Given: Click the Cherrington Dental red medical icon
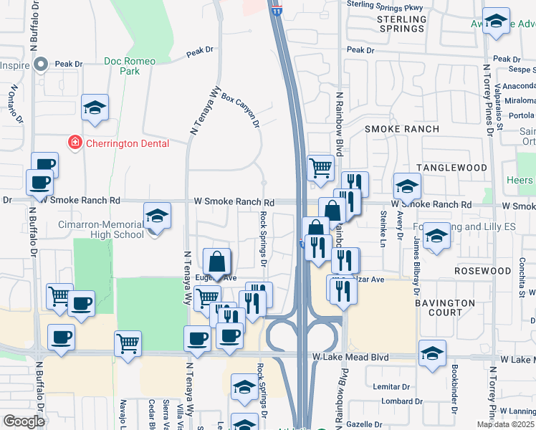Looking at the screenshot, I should tap(74, 143).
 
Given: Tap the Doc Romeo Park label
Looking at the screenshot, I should tap(130, 67).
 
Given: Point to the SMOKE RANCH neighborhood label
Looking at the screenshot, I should tap(401, 129).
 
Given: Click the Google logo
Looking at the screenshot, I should tap(24, 421).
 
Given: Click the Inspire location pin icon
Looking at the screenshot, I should tap(40, 64).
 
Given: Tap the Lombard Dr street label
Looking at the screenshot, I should tap(392, 401).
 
